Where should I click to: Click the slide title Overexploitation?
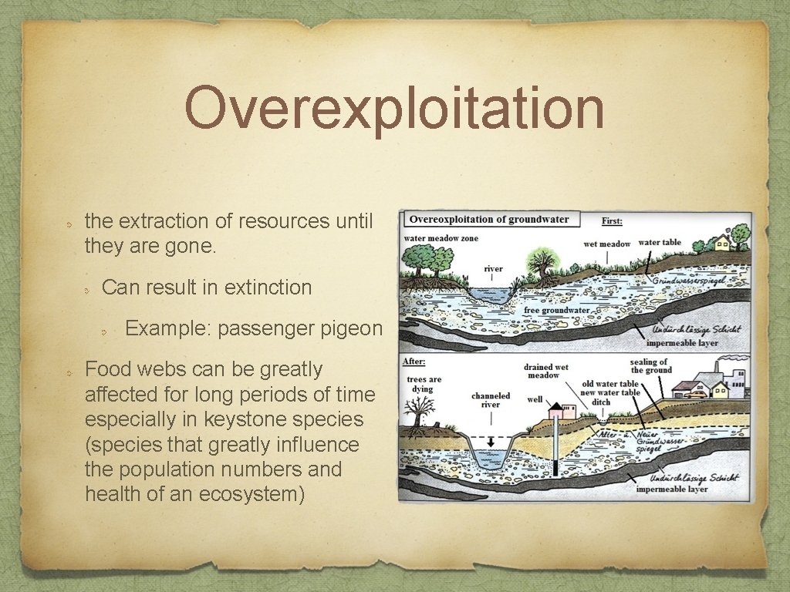coord(394,109)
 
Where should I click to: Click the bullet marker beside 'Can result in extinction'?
coord(89,288)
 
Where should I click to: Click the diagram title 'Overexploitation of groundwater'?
coord(490,220)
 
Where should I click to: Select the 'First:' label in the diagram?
coord(612,221)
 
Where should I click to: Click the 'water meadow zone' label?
coord(441,238)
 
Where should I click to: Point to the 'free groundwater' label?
coord(556,311)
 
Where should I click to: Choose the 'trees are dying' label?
coord(424,384)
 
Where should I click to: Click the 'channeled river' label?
coord(491,400)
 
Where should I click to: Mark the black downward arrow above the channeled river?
coord(490,441)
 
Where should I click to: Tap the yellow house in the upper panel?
coord(722,244)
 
